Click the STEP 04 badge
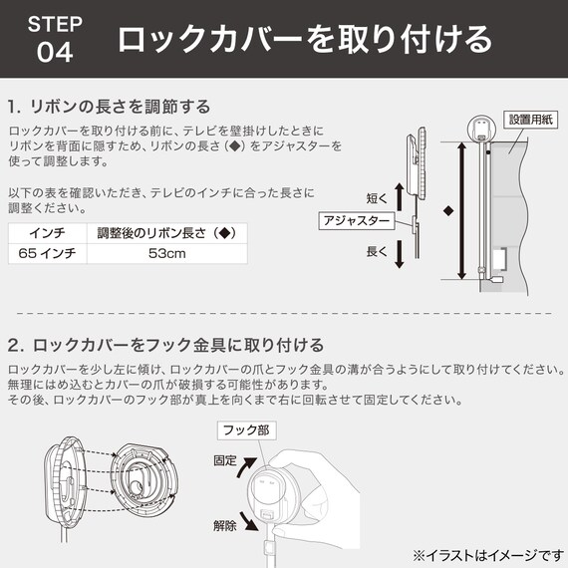55,38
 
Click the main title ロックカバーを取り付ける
304,39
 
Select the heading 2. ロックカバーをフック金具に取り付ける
165,345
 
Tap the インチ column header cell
47,234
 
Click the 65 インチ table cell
47,255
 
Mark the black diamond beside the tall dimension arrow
448,211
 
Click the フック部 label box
244,430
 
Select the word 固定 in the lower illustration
226,461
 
